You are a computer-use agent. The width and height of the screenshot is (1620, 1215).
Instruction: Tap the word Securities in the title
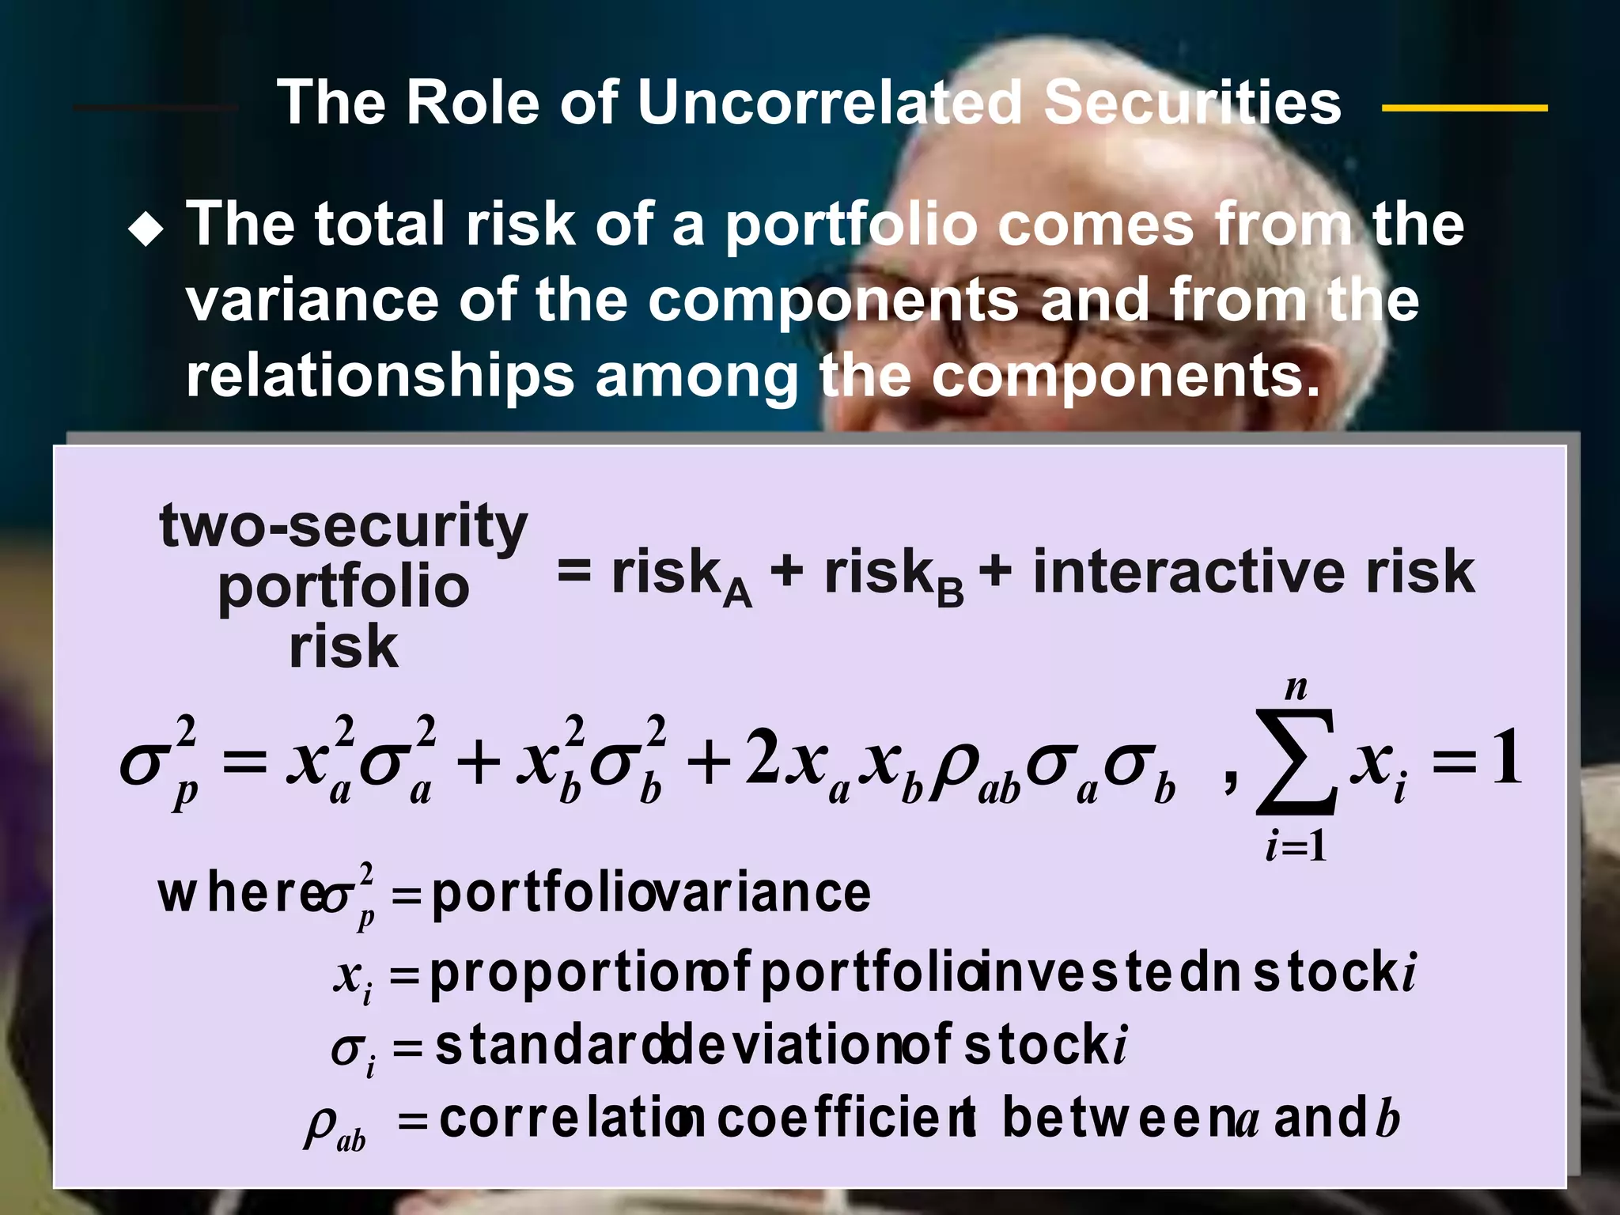point(1193,103)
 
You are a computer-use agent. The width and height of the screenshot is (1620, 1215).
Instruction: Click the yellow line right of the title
point(1464,108)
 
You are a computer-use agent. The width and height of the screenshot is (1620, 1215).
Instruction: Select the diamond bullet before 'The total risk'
point(146,231)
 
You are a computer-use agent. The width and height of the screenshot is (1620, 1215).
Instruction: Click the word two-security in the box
point(343,527)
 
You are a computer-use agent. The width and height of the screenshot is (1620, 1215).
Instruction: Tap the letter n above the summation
point(1296,688)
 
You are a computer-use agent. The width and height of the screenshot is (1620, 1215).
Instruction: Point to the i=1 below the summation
point(1296,847)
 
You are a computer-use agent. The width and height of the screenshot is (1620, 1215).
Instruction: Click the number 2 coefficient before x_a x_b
point(763,758)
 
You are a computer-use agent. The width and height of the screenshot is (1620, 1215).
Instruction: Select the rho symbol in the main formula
point(953,767)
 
